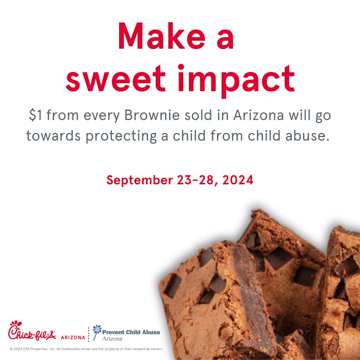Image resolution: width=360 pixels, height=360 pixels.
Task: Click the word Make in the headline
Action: [x=162, y=36]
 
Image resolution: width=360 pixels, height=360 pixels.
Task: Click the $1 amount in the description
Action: [x=35, y=115]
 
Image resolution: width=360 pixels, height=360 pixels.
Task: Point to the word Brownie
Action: [x=152, y=115]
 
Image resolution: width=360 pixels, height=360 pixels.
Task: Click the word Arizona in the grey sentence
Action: [x=259, y=115]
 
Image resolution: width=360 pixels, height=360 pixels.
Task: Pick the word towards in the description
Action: [x=53, y=135]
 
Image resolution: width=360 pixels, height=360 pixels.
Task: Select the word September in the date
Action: [x=140, y=180]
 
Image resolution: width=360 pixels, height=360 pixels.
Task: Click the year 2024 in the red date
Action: [x=238, y=180]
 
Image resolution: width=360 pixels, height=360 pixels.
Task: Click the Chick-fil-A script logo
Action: [x=32, y=330]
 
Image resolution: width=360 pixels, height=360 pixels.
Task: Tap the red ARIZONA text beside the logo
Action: [x=73, y=338]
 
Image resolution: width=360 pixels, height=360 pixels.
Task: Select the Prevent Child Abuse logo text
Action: [x=131, y=335]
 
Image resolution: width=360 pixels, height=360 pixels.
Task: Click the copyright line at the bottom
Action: [x=86, y=349]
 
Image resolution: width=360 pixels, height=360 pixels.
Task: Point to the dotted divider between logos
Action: [x=89, y=334]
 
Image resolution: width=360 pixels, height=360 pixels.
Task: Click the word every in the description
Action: [x=102, y=116]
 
